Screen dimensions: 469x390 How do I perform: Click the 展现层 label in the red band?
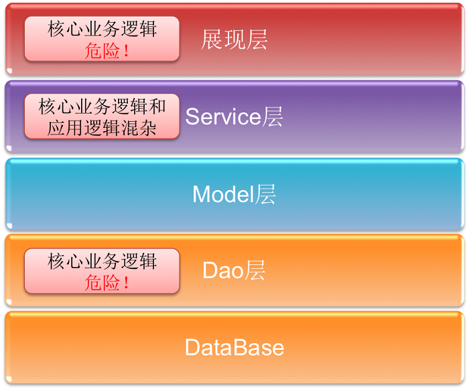(234, 39)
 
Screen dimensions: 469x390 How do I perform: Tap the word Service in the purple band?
(223, 116)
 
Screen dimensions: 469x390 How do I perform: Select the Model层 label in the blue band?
(234, 194)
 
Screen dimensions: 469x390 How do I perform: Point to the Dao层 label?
(234, 270)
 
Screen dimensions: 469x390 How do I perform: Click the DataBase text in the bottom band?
(234, 347)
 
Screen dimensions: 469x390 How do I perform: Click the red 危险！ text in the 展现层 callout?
(107, 50)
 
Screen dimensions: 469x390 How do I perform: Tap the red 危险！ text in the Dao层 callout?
(107, 282)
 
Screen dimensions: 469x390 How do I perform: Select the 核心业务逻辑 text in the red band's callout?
(102, 29)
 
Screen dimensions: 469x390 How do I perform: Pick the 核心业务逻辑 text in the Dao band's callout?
(102, 261)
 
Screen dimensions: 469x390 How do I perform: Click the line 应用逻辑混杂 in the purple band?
(102, 128)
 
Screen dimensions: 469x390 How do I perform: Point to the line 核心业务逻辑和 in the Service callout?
(102, 106)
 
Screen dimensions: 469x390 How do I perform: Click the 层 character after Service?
(273, 116)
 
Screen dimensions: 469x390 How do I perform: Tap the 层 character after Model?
(265, 194)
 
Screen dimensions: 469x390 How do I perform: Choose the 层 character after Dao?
(255, 270)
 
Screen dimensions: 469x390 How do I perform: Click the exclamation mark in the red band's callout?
(126, 50)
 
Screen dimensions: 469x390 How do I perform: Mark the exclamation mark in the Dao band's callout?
(126, 282)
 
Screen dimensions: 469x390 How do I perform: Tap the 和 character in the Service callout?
(157, 106)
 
